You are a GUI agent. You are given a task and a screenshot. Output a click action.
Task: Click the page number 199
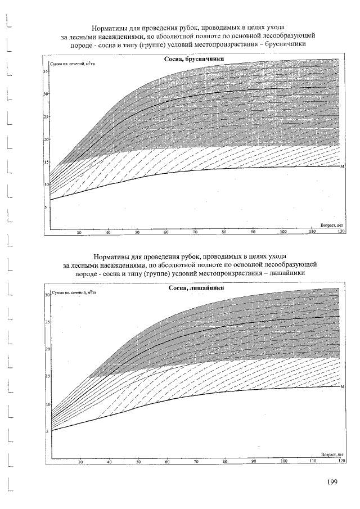331,482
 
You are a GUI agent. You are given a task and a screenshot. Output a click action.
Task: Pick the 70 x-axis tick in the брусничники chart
195,232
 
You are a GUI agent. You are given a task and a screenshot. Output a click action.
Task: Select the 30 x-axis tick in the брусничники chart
79,232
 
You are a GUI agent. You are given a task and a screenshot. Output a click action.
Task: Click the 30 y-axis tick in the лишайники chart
48,294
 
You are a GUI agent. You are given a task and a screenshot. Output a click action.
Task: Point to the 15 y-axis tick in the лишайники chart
48,376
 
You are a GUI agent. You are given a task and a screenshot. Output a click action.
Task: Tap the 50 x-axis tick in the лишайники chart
138,462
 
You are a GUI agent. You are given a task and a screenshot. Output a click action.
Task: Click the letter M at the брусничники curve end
342,166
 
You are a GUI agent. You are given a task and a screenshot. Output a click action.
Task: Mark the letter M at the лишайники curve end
342,386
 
